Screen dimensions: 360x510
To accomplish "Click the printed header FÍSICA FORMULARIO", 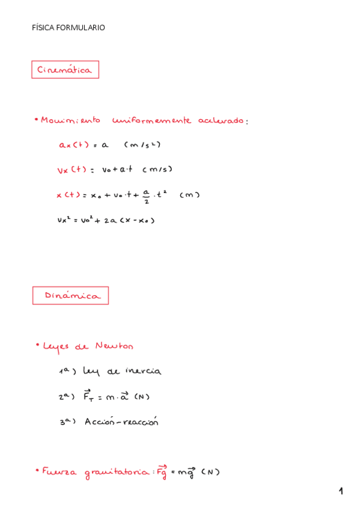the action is pos(69,28).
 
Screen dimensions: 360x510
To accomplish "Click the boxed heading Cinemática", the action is pos(65,70).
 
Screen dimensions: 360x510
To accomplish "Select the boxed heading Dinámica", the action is pos(70,295).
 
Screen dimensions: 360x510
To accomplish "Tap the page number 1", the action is pos(341,491).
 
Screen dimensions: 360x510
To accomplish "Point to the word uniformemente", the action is pos(151,120).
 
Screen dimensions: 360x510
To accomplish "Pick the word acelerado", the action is pos(221,120).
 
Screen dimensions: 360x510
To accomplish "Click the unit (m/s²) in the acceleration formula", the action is pos(142,145).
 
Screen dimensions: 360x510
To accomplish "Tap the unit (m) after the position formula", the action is pos(189,194).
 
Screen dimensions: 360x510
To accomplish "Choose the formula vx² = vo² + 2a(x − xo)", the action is pos(106,220).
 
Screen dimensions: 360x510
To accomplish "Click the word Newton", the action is pos(114,346).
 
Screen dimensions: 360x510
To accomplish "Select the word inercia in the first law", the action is pos(142,371).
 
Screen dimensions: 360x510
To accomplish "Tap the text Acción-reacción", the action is pos(121,422).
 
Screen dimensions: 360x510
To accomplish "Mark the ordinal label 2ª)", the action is pos(66,396).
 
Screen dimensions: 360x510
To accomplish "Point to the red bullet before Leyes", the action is pos(37,345).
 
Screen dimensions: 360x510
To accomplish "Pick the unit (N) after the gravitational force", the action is pos(210,472).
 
